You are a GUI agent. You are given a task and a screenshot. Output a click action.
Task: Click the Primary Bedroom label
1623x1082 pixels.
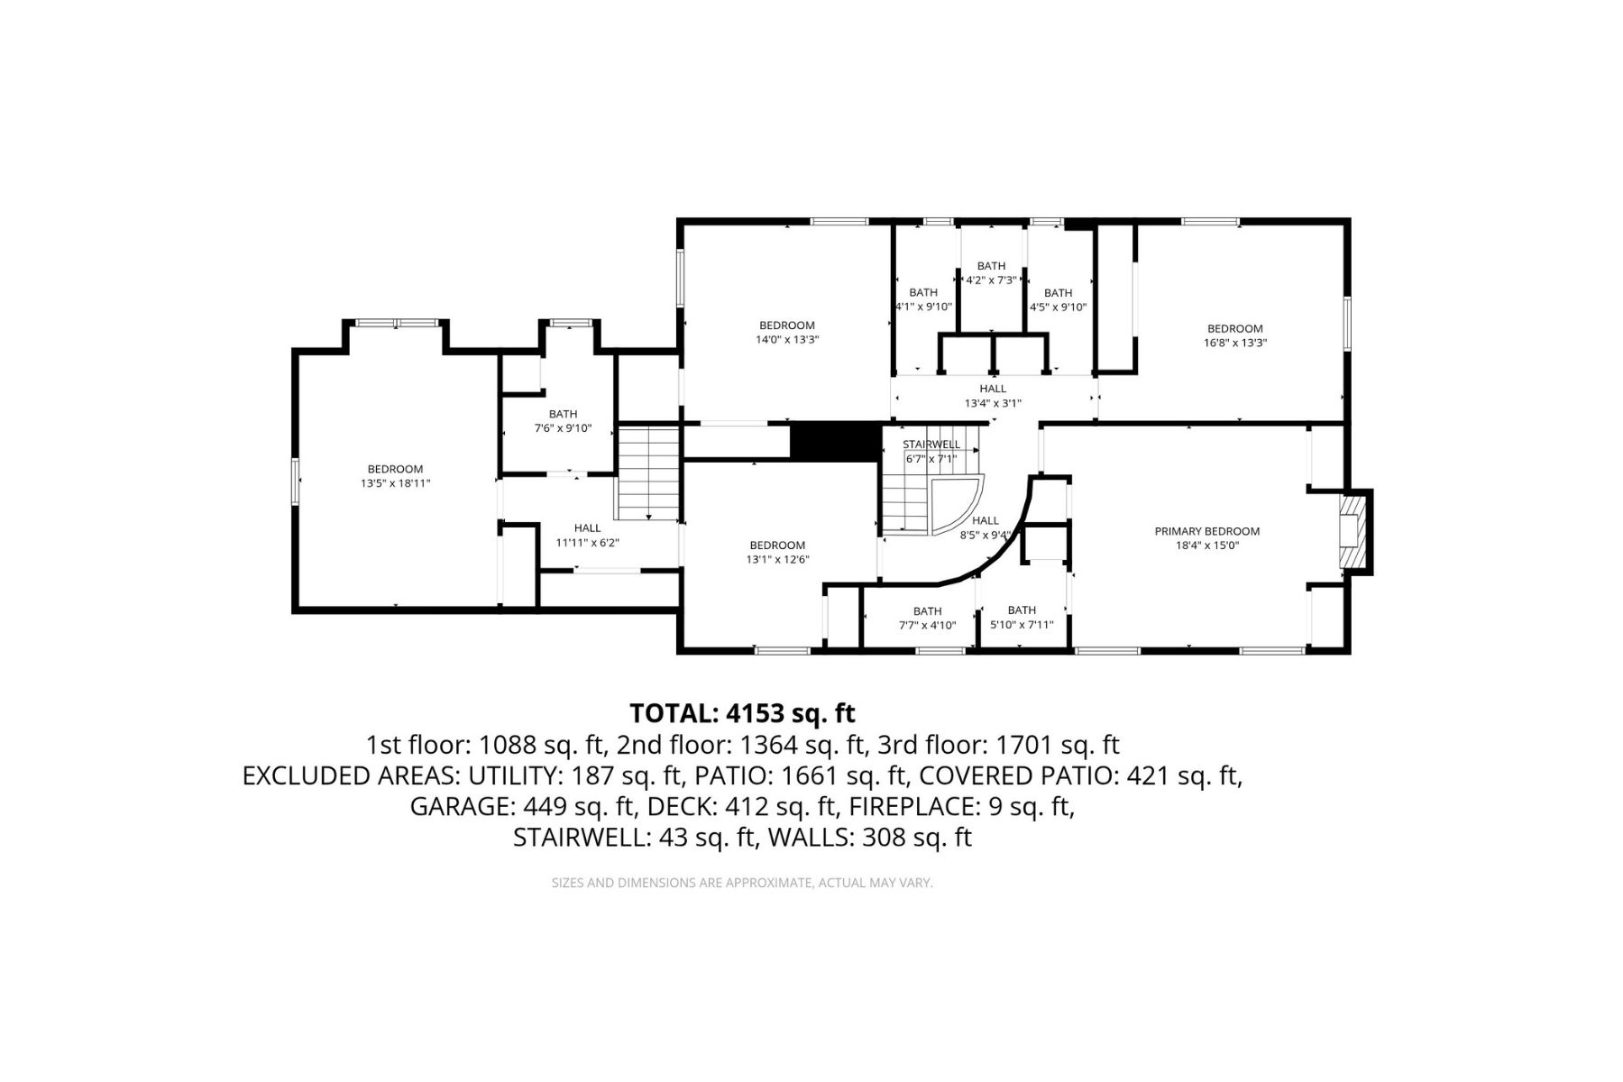coord(1206,531)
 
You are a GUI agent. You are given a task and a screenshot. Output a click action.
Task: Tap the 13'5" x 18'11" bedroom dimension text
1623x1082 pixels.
coord(395,483)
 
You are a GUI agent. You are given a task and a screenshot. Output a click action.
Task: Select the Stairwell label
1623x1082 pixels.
coord(931,445)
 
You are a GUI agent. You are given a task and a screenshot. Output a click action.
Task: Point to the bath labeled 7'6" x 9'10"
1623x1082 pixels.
coord(563,421)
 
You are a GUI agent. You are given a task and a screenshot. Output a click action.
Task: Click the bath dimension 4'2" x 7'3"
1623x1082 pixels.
coord(991,280)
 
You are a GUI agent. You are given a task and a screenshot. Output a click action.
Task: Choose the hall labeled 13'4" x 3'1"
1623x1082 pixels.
coord(993,396)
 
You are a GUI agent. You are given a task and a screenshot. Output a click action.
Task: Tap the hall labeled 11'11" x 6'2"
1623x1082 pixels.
coord(587,536)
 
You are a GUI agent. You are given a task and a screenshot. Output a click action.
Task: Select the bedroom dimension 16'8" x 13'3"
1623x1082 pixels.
coord(1234,343)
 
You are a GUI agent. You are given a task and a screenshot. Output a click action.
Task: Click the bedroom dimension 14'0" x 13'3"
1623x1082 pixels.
coord(786,340)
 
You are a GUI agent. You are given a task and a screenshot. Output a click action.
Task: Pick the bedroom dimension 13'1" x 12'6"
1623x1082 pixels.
coord(777,559)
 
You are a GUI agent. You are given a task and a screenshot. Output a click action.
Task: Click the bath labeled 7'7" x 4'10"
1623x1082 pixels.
coord(927,618)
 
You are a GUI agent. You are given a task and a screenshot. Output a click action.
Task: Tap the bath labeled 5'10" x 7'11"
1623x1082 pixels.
coord(1022,618)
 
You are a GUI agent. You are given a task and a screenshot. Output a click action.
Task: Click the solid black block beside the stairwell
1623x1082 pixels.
coord(835,442)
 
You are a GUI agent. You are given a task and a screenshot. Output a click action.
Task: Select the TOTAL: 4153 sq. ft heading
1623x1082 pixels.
coord(741,713)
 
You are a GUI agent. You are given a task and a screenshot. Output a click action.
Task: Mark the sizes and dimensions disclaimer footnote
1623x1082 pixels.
coord(741,883)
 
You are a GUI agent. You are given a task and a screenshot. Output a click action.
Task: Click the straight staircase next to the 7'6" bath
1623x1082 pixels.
coord(647,473)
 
